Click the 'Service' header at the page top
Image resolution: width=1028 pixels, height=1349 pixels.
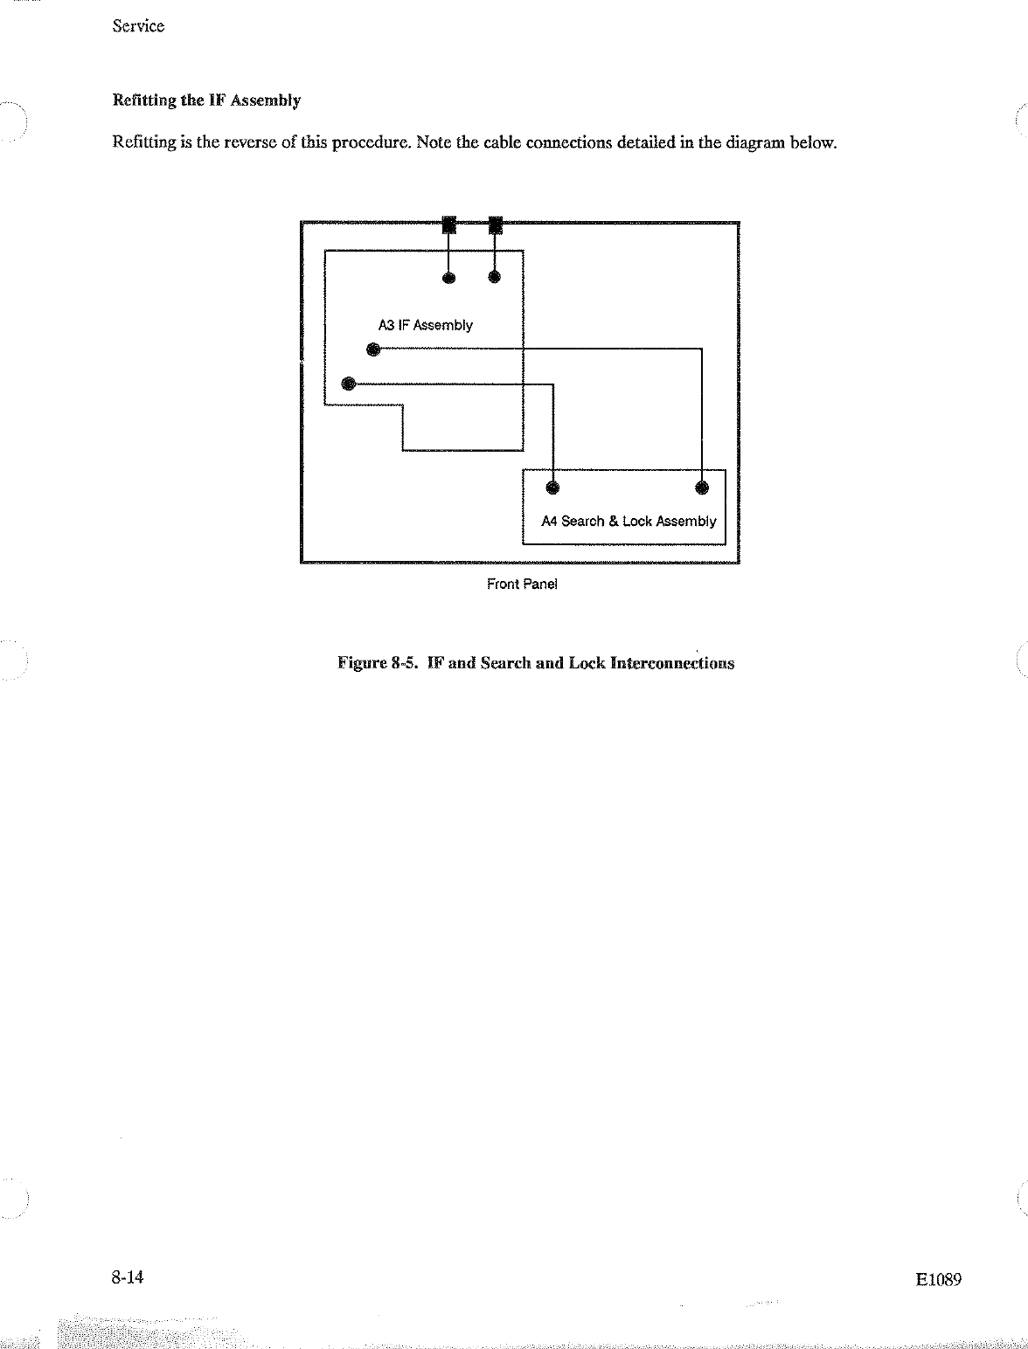click(x=138, y=26)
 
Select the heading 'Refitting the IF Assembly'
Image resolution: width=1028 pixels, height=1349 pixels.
click(x=206, y=100)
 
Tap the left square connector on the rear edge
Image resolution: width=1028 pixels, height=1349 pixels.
click(x=448, y=225)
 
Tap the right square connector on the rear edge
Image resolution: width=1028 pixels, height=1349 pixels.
click(x=495, y=225)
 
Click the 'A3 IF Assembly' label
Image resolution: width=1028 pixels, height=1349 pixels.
click(x=425, y=325)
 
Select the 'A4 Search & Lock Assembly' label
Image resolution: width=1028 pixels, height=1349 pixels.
click(x=629, y=522)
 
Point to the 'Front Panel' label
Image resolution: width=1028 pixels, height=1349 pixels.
click(x=521, y=584)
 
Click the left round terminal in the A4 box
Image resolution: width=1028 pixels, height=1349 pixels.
click(x=552, y=488)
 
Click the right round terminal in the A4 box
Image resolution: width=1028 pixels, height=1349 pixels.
click(x=702, y=488)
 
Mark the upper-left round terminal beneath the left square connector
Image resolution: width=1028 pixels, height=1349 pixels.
click(x=448, y=278)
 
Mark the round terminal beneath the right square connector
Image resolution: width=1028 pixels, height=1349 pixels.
click(x=495, y=278)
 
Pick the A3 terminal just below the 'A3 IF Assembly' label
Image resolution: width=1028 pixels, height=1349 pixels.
click(x=373, y=350)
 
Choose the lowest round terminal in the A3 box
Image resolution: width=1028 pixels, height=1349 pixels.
click(x=348, y=383)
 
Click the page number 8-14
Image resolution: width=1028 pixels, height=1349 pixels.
click(x=127, y=1278)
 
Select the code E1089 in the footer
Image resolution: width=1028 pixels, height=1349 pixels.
click(x=939, y=1280)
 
